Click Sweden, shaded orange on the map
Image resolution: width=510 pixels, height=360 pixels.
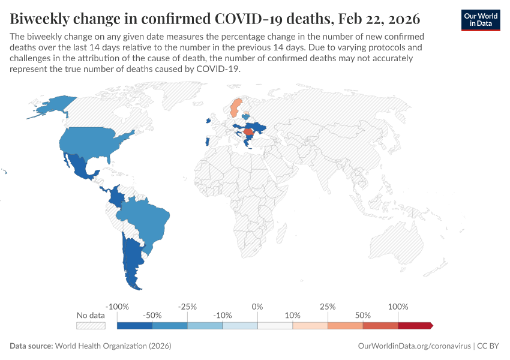[236, 108]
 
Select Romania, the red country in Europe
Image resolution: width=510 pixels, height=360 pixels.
[248, 131]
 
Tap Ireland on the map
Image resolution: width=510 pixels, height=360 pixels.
[208, 121]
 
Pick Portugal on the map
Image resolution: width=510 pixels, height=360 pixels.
[206, 142]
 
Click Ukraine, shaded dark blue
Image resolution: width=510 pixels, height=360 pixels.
[259, 127]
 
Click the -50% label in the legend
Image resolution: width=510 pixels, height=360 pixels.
[152, 315]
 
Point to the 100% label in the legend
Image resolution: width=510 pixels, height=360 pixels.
[398, 307]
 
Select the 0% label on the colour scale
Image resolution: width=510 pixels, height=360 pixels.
[257, 307]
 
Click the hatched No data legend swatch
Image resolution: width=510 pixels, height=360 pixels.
[91, 326]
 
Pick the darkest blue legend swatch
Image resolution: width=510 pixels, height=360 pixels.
[134, 326]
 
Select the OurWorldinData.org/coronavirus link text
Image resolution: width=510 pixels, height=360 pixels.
[413, 346]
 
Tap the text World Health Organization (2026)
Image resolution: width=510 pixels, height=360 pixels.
[113, 346]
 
